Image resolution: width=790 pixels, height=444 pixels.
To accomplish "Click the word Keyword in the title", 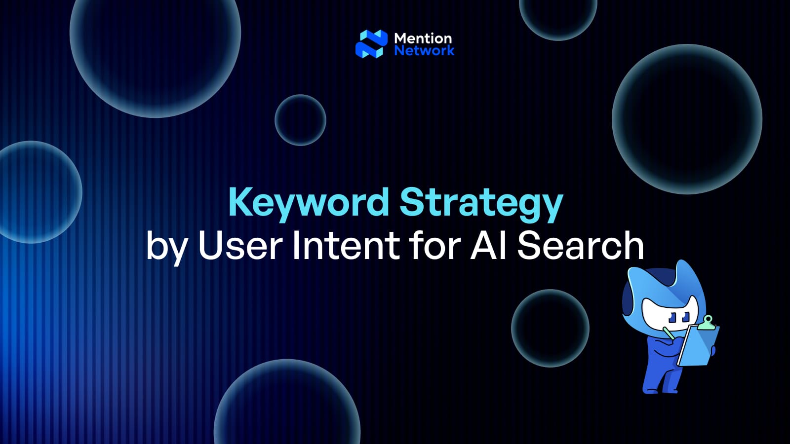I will tap(309, 202).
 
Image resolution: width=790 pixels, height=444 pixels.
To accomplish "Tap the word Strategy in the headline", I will tap(481, 202).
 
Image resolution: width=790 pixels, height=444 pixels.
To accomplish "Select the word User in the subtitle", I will tap(240, 245).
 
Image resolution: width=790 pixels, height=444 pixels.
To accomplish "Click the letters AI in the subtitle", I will tap(488, 245).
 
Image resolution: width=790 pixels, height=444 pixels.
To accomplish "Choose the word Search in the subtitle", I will tap(580, 245).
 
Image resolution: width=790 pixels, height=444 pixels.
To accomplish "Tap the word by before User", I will tap(167, 247).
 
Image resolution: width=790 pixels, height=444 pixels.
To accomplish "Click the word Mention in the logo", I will tap(423, 38).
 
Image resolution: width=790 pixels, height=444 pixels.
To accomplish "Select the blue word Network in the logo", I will tap(424, 50).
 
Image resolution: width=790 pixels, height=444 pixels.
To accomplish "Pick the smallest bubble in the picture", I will tap(300, 120).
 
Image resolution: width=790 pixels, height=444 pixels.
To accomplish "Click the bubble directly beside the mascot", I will tap(550, 328).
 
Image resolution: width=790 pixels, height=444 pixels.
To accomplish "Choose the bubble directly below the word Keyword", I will tap(287, 402).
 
